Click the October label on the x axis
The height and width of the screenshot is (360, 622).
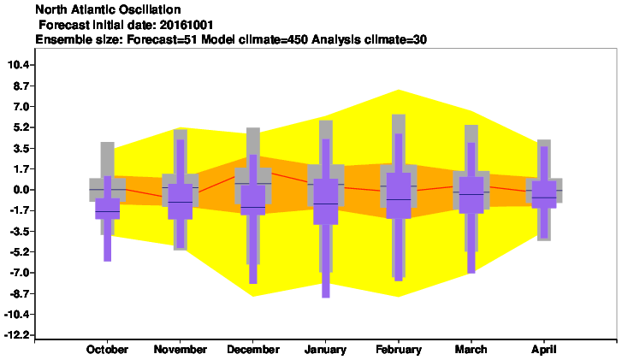(107, 350)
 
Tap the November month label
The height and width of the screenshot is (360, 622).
(180, 350)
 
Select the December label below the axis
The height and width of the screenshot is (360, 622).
(253, 350)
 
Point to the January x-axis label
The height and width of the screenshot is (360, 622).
(325, 350)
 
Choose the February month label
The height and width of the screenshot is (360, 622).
(399, 350)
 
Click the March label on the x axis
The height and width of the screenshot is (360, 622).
(471, 350)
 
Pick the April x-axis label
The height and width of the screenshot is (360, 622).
(544, 350)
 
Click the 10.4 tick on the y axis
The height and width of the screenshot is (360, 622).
(19, 65)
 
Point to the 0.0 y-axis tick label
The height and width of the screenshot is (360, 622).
(21, 190)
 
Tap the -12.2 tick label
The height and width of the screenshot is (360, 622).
(17, 335)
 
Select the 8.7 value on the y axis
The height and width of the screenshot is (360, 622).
(21, 86)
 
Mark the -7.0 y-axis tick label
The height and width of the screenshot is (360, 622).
(20, 273)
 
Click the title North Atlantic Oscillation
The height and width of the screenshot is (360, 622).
(109, 9)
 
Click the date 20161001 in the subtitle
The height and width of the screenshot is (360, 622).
(187, 25)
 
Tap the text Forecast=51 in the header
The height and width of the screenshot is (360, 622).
(163, 39)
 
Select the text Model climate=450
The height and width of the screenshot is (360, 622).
(255, 39)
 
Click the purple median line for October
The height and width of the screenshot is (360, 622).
(108, 212)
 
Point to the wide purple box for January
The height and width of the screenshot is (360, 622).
(326, 202)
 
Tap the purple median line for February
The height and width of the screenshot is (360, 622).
(399, 199)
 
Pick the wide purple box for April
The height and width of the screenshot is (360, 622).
(544, 194)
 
